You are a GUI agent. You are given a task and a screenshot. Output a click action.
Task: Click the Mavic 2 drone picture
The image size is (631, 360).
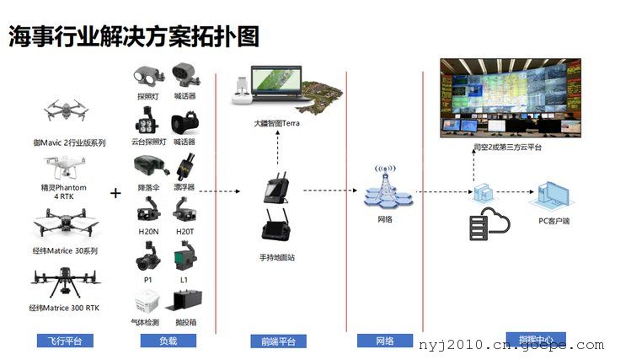tap(64, 111)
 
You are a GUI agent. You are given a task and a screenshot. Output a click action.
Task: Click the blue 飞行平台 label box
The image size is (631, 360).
tap(65, 341)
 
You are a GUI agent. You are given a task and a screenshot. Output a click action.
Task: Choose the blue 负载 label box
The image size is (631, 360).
tap(168, 341)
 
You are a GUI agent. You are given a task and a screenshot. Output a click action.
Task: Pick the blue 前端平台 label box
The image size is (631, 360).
tap(278, 341)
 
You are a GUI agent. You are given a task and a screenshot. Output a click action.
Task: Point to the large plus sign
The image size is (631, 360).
tap(115, 193)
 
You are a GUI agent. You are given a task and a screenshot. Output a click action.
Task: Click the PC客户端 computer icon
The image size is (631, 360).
tap(551, 196)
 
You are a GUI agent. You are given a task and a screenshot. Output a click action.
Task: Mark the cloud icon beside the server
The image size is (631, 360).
tap(496, 222)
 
